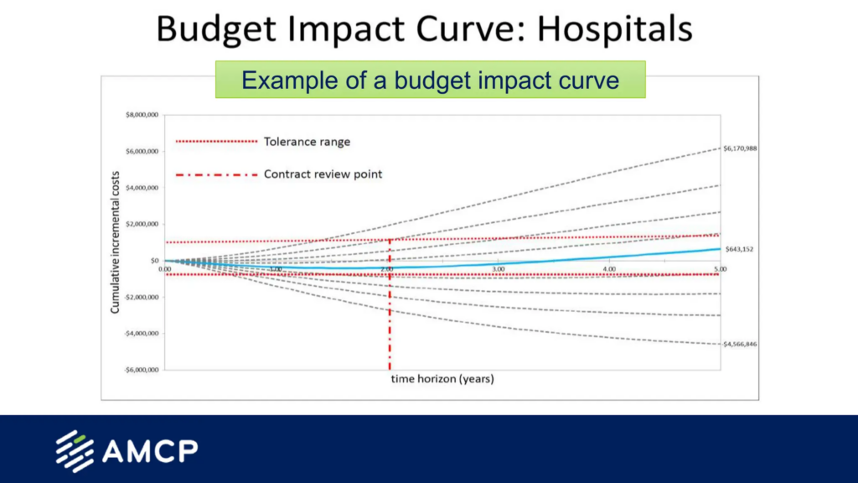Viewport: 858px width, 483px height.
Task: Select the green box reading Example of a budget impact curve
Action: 430,80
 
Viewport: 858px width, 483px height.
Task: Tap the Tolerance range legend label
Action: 307,142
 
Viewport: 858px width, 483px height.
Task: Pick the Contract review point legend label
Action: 323,174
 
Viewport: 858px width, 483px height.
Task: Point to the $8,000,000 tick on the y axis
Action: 142,115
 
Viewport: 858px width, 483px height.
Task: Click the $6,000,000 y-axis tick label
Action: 142,152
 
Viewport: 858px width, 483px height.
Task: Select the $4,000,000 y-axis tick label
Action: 142,188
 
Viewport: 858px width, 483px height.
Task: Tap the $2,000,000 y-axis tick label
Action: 142,224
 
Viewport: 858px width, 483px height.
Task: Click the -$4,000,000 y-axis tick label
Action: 141,334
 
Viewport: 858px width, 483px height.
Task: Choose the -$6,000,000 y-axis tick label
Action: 141,370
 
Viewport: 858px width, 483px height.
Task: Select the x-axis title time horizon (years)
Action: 442,379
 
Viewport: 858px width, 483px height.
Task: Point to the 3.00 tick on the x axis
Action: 498,268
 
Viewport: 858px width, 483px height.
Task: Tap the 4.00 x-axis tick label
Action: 609,268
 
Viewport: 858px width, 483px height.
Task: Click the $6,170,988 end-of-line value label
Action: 740,148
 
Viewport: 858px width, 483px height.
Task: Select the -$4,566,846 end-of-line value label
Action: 740,345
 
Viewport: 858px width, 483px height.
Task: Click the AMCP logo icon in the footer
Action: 74,451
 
